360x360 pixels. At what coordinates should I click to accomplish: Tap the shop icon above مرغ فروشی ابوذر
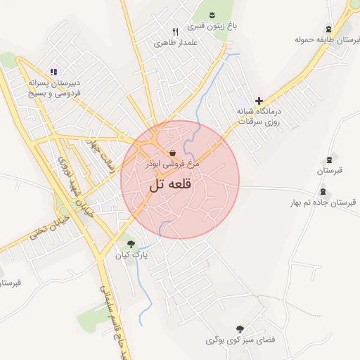point(172,153)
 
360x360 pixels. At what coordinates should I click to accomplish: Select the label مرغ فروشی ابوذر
point(172,163)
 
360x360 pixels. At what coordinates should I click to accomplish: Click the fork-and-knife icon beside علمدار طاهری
point(176,32)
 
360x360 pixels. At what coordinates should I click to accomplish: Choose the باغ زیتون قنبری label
point(212,27)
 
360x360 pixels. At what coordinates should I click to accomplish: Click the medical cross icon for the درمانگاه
point(259,101)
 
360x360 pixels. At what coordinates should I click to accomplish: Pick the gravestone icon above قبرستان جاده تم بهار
point(323,191)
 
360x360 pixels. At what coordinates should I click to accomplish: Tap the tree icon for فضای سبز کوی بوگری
point(240,328)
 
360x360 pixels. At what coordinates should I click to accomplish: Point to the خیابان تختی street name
point(41,234)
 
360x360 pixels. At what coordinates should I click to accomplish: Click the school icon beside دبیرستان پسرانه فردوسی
point(53,71)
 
